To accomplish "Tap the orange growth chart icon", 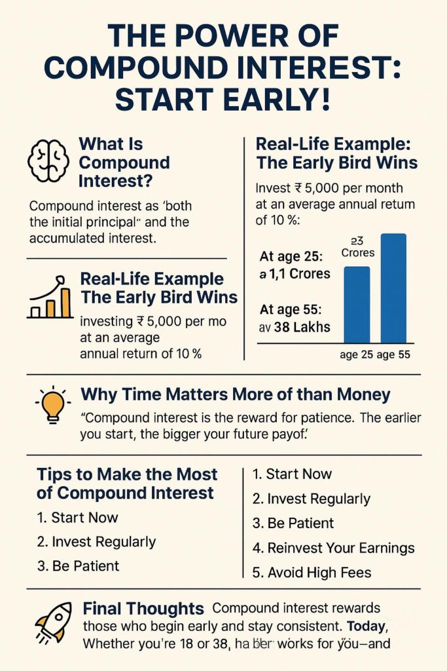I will [x=50, y=297].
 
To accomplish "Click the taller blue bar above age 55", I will [x=393, y=288].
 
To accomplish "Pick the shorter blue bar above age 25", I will [x=357, y=305].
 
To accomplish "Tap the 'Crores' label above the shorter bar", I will [x=357, y=253].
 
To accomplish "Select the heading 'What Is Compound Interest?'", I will [x=124, y=162].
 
